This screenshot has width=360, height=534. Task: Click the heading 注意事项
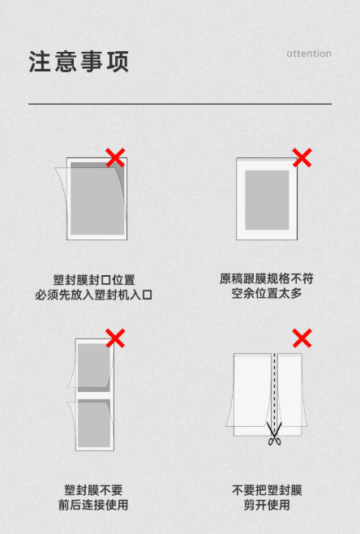(79, 62)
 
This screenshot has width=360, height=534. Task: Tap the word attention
(309, 54)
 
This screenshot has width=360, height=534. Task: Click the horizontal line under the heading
(180, 104)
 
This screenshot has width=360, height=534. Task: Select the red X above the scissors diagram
(302, 338)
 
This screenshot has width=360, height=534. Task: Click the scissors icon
(274, 433)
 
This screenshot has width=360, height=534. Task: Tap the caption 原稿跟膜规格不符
(267, 278)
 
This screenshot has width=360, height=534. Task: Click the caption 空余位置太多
(267, 293)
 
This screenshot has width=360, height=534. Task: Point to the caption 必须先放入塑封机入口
(93, 295)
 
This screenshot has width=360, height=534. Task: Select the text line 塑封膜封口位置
(94, 280)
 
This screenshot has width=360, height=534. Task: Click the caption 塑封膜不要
(93, 490)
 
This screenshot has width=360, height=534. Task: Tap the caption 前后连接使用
(93, 505)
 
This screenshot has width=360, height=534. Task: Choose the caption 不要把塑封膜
(267, 490)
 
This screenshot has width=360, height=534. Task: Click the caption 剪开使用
(267, 505)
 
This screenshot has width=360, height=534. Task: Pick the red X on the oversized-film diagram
(302, 157)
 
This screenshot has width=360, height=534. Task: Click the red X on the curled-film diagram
(115, 157)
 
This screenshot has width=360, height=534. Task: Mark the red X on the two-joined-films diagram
(115, 338)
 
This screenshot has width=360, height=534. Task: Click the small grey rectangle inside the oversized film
(267, 200)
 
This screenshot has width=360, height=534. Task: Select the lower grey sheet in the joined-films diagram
(94, 424)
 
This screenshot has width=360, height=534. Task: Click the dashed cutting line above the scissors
(275, 388)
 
